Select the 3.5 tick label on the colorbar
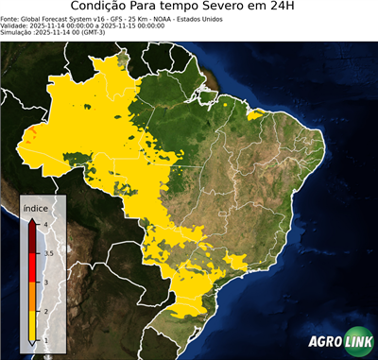[x=47, y=253]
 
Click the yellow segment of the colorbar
[x=32, y=325]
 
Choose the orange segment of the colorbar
[x=32, y=297]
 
